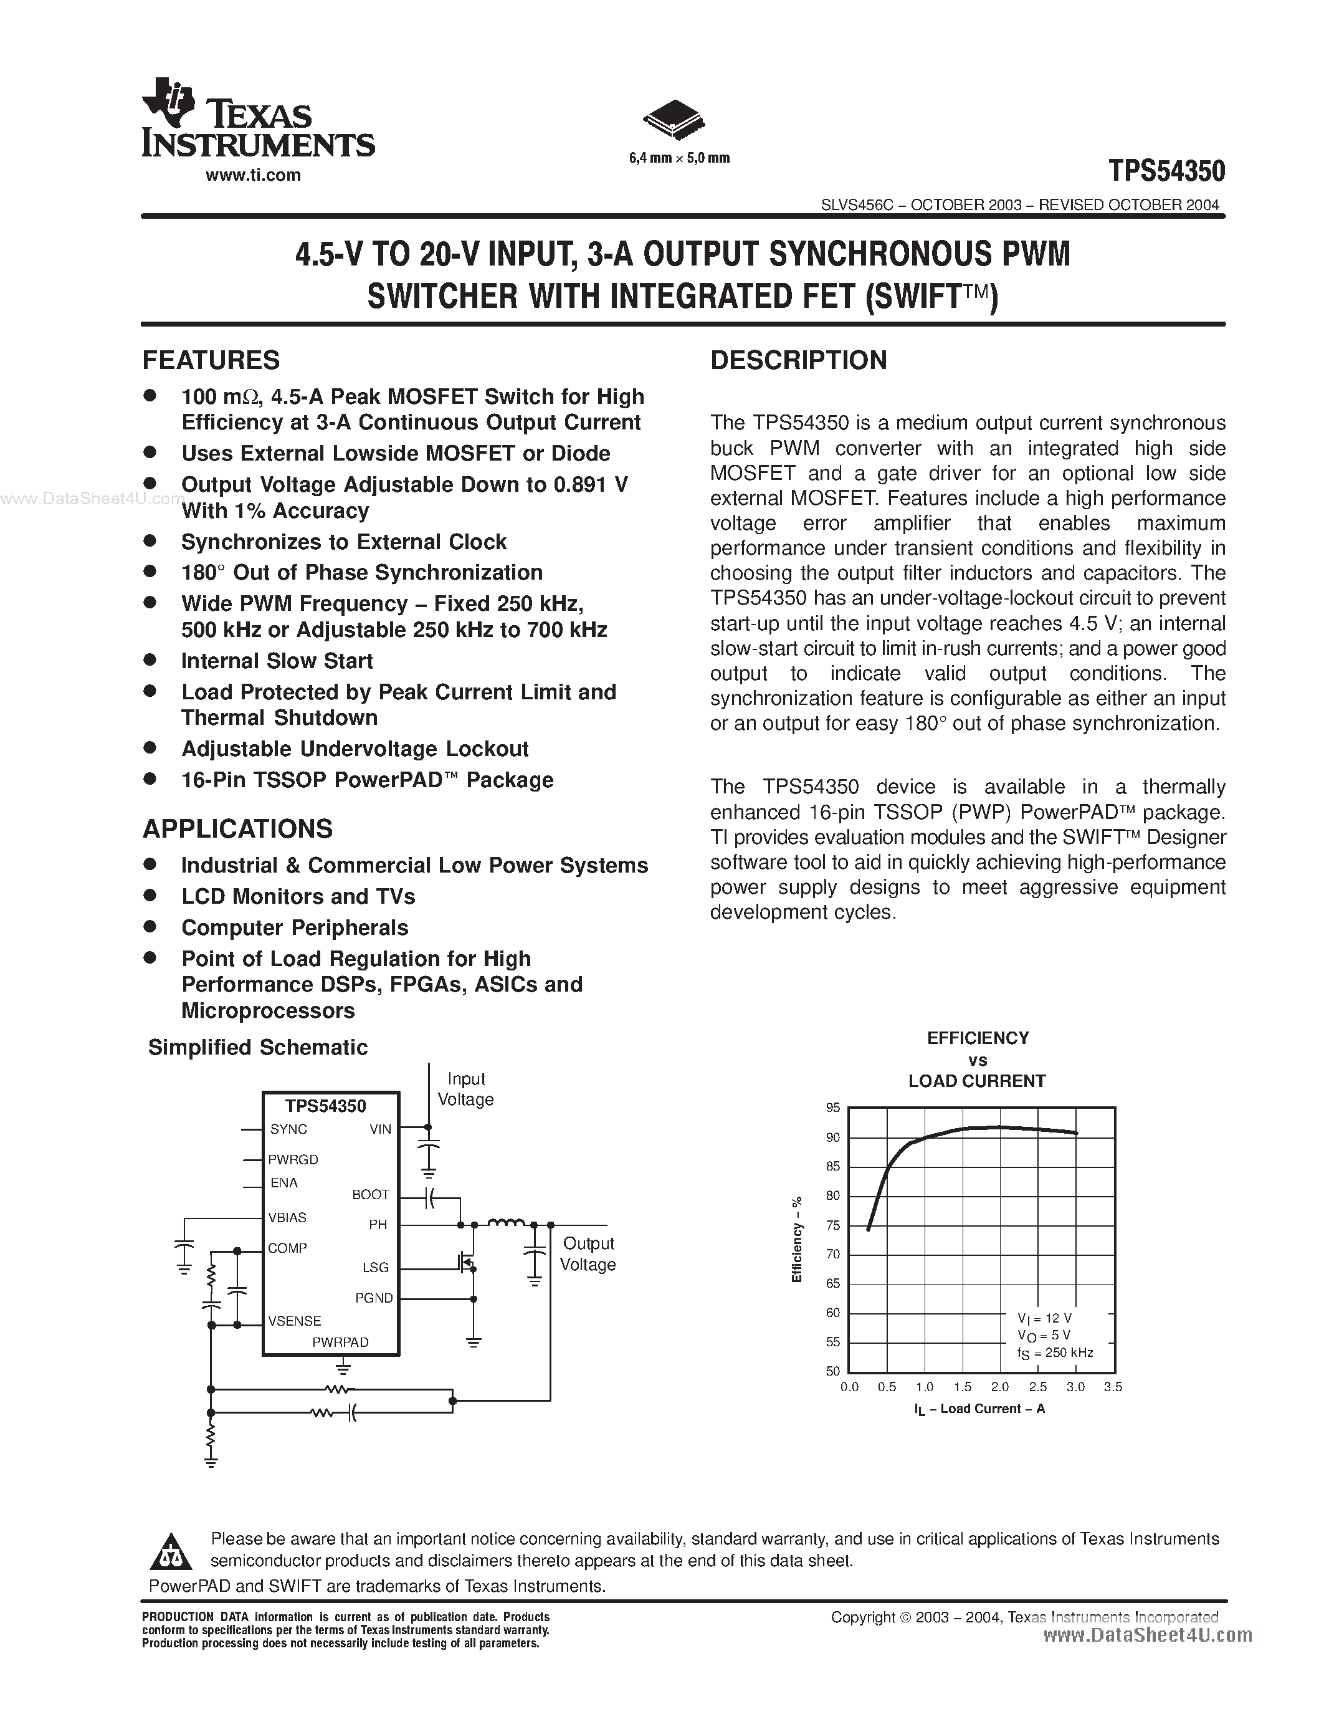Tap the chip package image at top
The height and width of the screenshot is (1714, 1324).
point(673,119)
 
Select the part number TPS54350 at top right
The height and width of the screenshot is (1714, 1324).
point(1166,171)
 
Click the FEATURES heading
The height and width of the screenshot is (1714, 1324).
point(211,360)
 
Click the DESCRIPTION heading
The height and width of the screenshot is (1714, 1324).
point(799,360)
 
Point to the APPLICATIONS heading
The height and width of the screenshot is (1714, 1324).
point(237,830)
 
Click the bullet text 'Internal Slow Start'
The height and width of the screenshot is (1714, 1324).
point(277,661)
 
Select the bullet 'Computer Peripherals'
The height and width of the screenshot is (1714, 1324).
point(295,927)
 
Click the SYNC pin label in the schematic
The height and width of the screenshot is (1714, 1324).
point(288,1129)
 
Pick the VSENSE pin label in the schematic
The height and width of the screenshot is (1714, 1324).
point(294,1321)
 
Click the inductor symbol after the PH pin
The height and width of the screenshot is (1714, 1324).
point(506,1222)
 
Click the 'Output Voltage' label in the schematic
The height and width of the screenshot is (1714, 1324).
point(588,1254)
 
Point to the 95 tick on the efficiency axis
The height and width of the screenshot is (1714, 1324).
point(833,1108)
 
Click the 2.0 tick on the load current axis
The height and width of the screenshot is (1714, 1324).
point(999,1387)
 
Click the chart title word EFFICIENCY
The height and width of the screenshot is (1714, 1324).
point(978,1038)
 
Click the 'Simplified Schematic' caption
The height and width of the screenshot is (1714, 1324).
point(257,1048)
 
